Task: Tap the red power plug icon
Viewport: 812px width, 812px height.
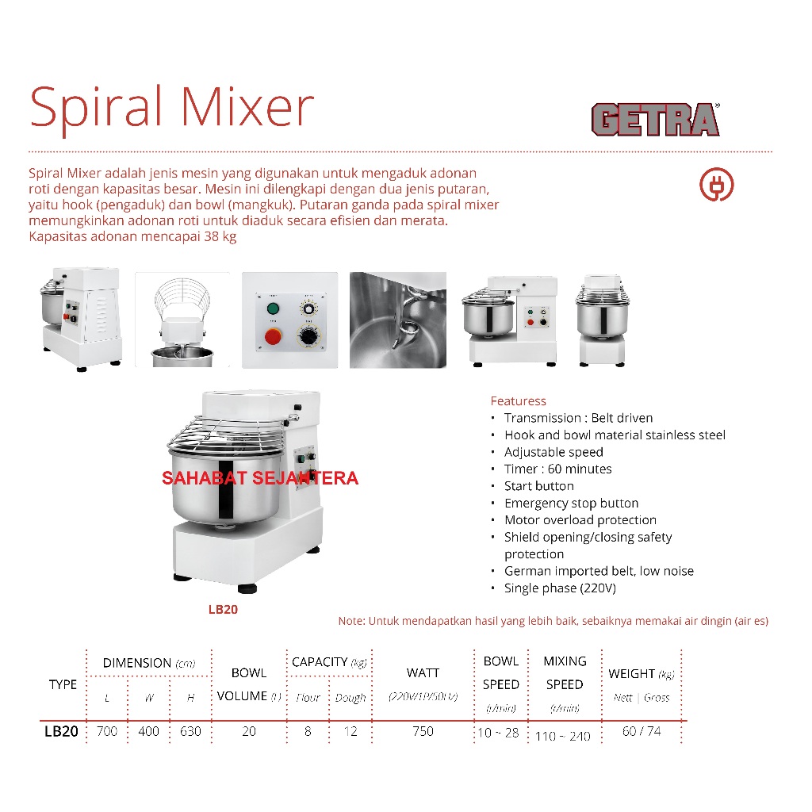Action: point(716,185)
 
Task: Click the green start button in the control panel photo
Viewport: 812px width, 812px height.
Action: point(274,308)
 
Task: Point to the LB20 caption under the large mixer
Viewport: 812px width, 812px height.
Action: point(223,611)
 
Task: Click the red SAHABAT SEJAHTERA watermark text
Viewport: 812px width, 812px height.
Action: point(260,479)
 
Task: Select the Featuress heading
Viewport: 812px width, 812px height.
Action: point(518,401)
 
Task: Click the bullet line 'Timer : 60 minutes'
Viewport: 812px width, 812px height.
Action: point(557,469)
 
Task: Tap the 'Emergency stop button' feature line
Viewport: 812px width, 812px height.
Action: point(571,504)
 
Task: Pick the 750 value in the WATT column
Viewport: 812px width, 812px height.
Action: point(423,731)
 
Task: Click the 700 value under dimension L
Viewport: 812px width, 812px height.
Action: point(106,731)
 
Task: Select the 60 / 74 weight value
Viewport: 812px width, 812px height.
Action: point(642,731)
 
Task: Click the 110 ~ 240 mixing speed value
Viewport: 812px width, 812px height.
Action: point(563,736)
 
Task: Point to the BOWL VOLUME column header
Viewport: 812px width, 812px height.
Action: point(249,684)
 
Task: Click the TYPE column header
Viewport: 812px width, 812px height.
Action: point(63,684)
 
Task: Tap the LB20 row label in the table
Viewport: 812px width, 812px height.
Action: point(61,732)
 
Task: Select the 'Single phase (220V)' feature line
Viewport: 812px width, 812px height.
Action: point(560,588)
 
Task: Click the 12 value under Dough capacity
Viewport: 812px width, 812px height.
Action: point(350,731)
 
